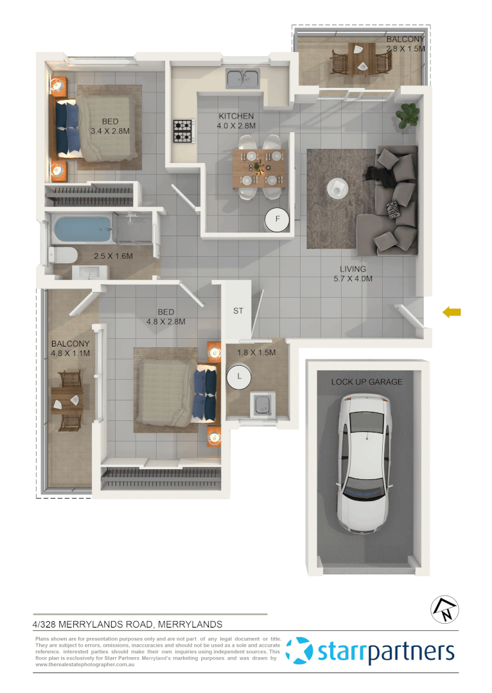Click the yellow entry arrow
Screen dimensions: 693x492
[452, 312]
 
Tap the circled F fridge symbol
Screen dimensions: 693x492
[278, 219]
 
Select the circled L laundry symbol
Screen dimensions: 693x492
[240, 377]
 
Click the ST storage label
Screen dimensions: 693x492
[238, 311]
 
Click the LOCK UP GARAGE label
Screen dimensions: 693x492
[367, 382]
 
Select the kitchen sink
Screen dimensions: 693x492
[242, 78]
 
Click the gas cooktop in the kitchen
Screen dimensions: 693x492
[182, 131]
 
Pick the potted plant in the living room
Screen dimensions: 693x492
[408, 115]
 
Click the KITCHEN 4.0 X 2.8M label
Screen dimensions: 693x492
[237, 121]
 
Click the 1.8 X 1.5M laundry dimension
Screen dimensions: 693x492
[256, 352]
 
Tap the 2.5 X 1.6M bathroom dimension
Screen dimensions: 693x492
[113, 256]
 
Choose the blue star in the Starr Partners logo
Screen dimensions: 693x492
[299, 651]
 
